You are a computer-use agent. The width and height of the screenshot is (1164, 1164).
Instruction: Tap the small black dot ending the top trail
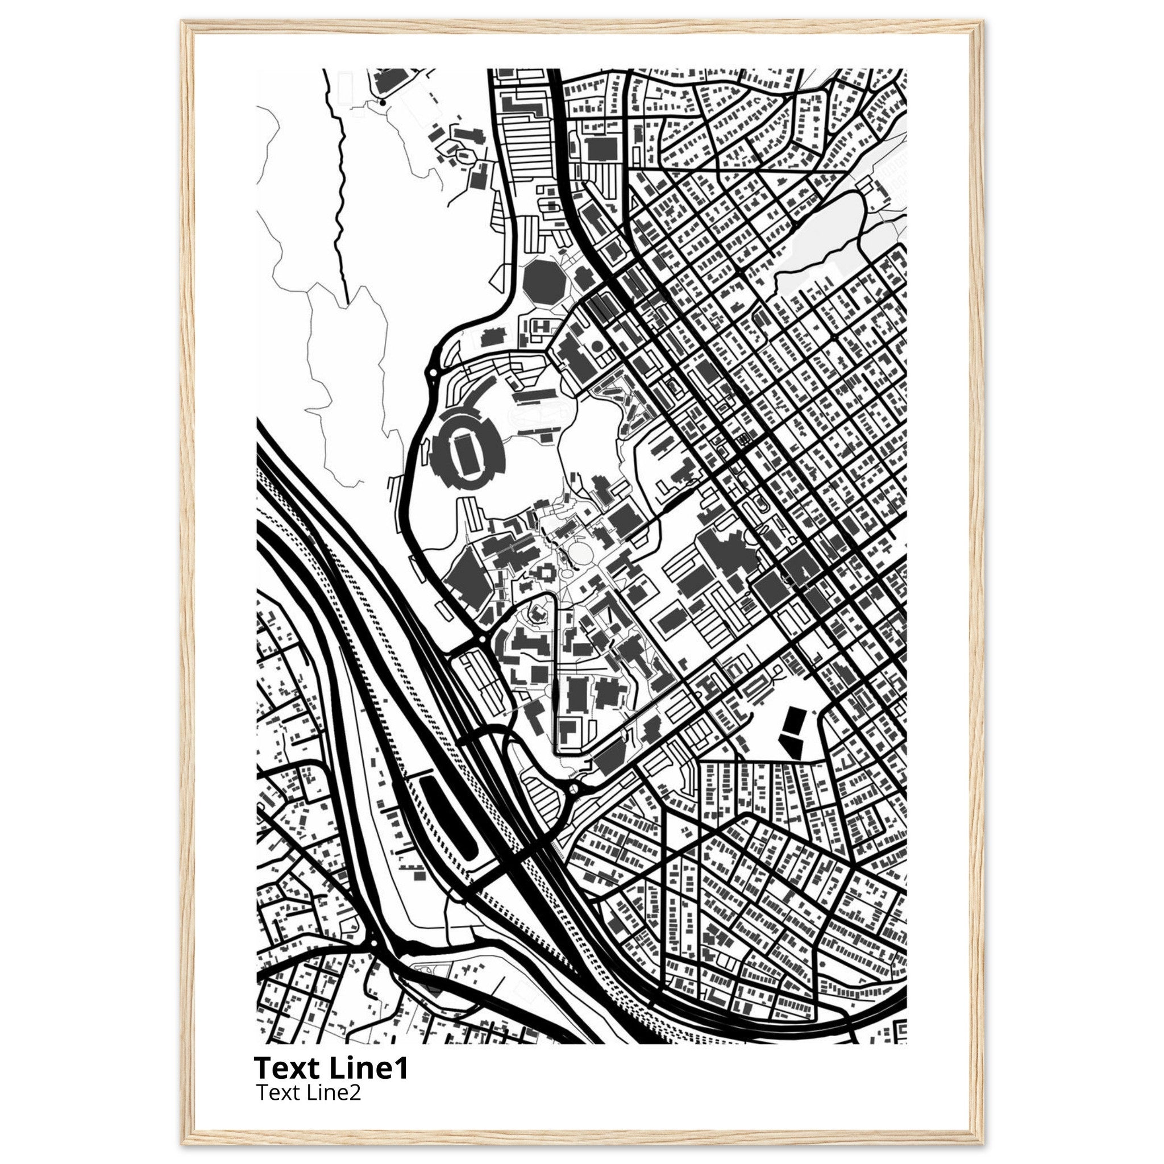[x=382, y=102]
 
